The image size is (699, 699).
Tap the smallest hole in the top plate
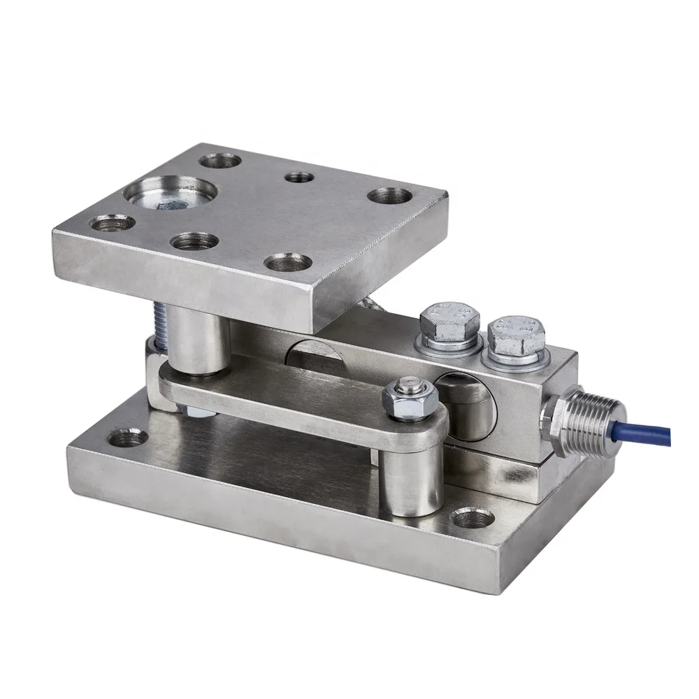(x=299, y=177)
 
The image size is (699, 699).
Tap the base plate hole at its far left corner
(x=129, y=438)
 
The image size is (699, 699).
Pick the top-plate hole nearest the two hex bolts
(x=389, y=195)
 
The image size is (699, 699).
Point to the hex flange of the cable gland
(x=554, y=423)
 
